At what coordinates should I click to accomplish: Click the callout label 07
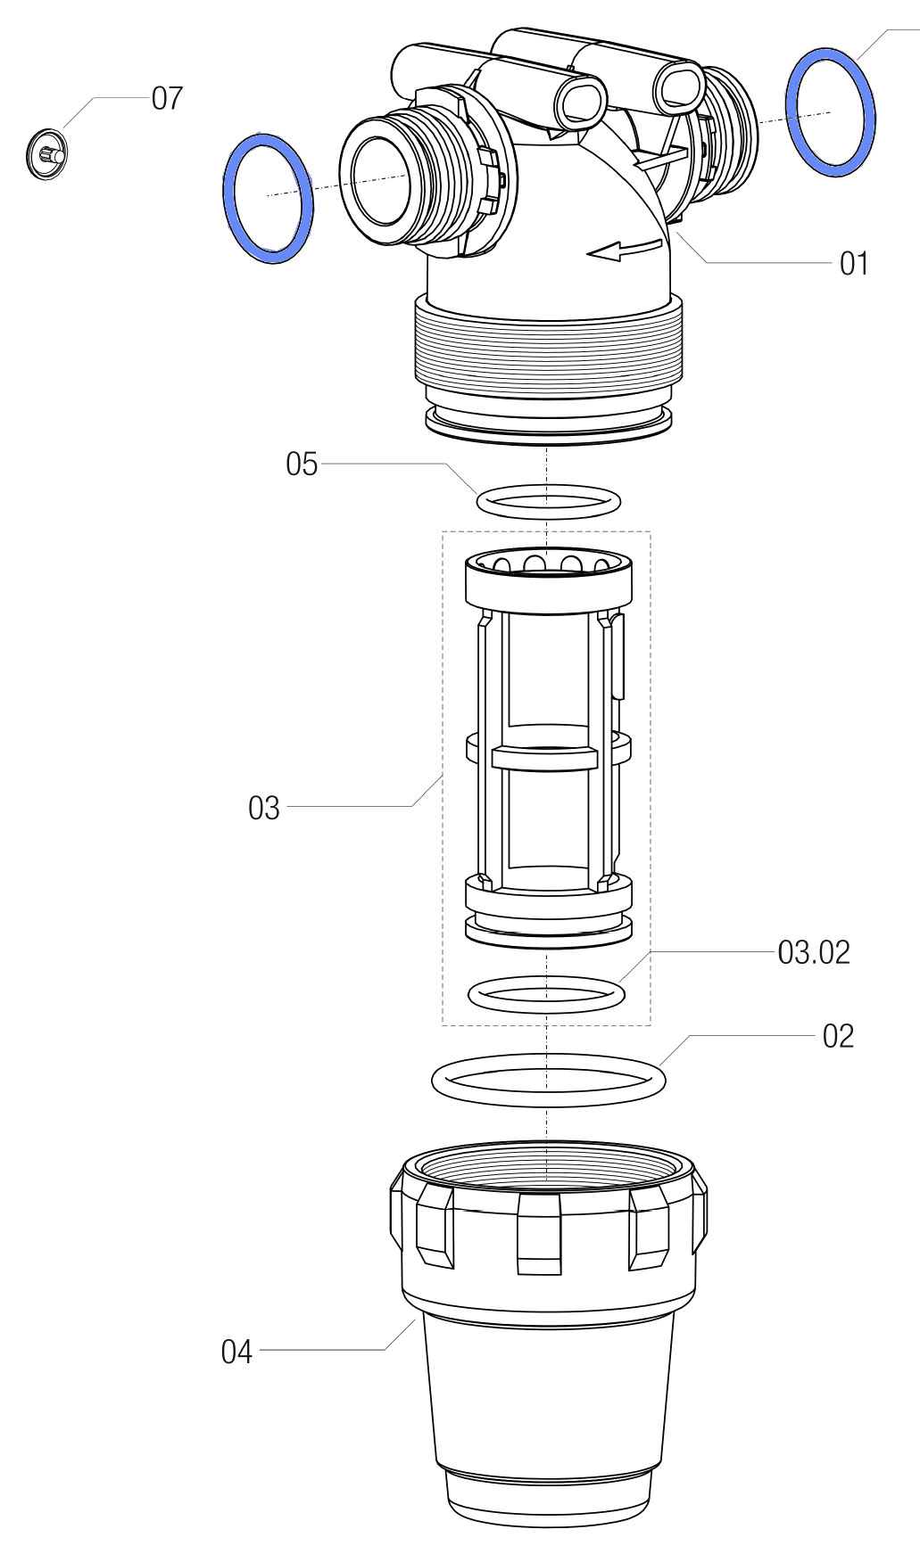167,98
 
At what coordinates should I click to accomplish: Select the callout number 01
853,264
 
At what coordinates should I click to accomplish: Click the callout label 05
302,465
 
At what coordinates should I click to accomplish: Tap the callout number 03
264,809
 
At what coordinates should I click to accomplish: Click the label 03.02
814,953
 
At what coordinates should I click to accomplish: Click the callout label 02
838,1036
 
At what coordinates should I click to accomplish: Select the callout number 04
236,1353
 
